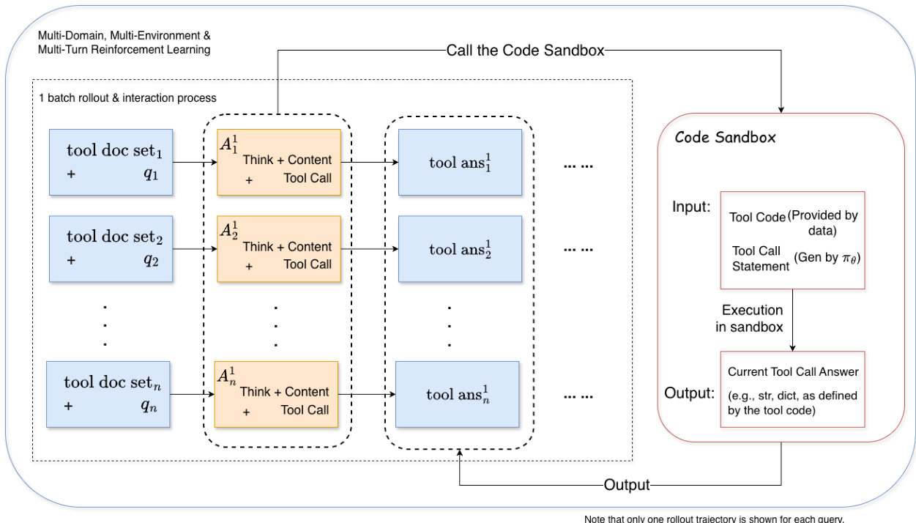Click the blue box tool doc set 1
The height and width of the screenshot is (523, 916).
111,163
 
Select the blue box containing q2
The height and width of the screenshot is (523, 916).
111,249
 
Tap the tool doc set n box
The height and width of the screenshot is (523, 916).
108,394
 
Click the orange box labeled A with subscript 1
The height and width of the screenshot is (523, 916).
279,163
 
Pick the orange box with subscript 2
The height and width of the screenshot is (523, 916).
279,249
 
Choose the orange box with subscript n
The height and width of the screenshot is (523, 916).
276,394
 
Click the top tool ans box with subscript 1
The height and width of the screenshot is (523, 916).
460,163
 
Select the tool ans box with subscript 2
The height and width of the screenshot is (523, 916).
460,249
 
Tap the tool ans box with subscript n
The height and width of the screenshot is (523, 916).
457,394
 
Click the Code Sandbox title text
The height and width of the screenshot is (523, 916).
725,138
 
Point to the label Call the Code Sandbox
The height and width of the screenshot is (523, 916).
525,51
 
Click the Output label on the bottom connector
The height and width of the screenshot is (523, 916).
627,485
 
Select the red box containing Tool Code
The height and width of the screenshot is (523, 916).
793,240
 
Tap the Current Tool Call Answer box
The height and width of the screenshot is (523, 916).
793,390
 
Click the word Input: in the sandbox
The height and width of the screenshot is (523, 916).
691,207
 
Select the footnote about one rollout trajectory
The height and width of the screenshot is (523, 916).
714,519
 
